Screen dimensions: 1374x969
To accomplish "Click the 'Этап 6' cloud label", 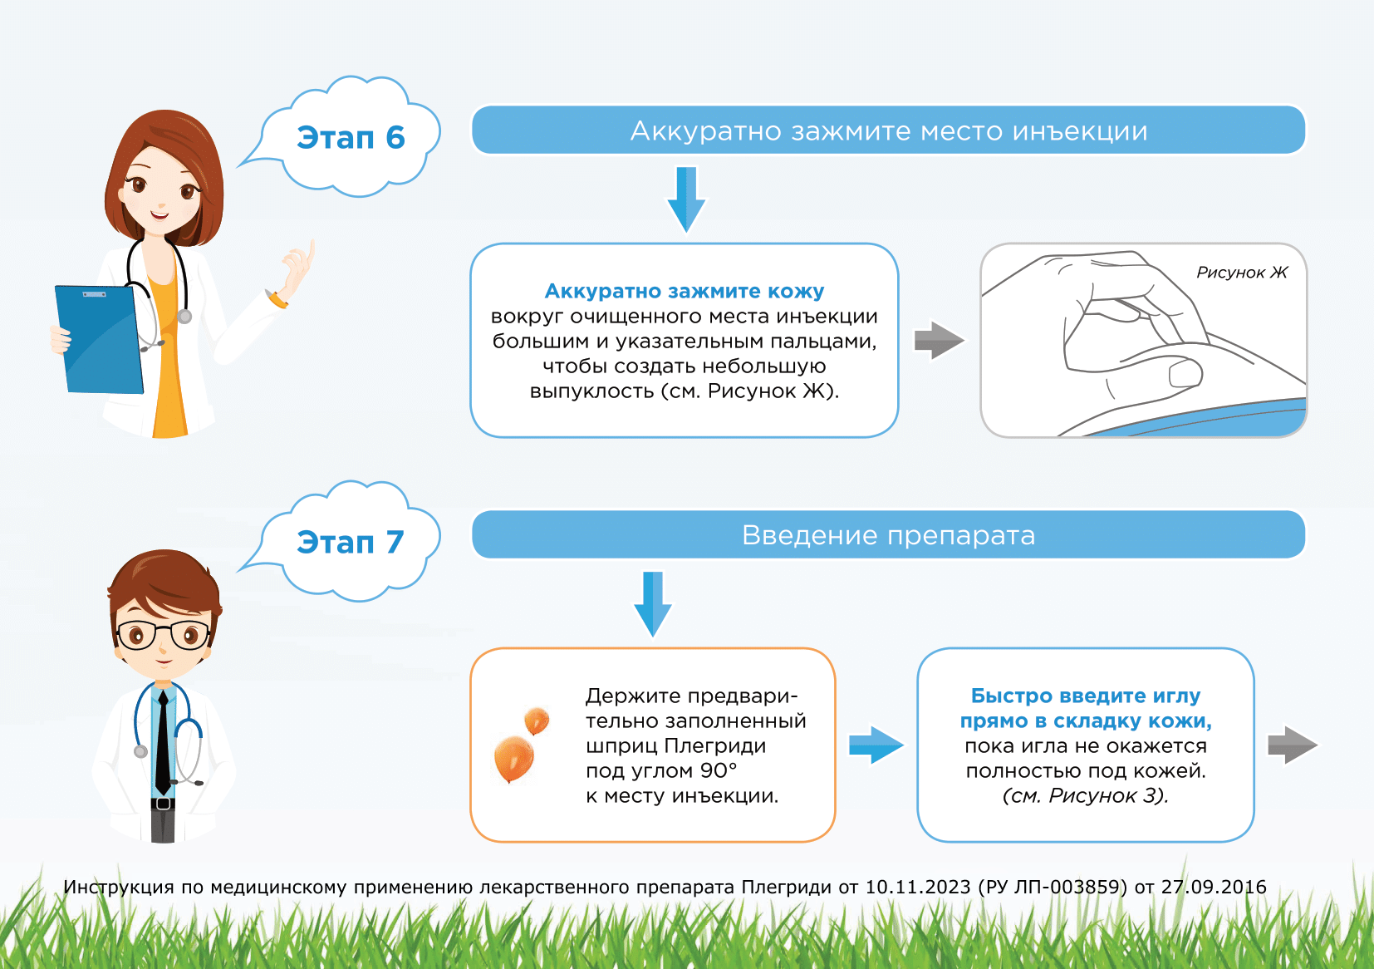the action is click(x=351, y=137).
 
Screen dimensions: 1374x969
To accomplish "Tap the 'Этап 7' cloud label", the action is click(x=351, y=542).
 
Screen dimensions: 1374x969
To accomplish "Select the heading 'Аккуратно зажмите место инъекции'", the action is click(x=889, y=130).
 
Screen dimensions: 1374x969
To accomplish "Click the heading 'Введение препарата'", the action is click(x=889, y=534).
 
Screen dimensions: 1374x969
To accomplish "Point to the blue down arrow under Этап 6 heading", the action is click(x=686, y=199).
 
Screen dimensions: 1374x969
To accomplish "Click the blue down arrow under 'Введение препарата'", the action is click(x=653, y=604).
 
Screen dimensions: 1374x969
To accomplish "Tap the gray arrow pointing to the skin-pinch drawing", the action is click(x=939, y=340).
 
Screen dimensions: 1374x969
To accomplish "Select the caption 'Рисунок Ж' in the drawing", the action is click(x=1242, y=273).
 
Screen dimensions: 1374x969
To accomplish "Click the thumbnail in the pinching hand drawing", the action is click(x=1185, y=374).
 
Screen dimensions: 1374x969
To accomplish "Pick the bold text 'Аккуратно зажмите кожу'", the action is click(x=685, y=291).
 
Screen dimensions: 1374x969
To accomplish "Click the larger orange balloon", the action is click(x=514, y=759).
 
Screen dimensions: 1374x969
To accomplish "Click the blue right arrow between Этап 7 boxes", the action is click(x=876, y=745).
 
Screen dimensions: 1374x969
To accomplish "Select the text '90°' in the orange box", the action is click(x=717, y=770).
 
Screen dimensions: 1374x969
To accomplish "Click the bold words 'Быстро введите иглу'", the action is click(x=1086, y=696).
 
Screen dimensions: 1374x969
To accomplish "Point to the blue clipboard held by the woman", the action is click(x=99, y=339).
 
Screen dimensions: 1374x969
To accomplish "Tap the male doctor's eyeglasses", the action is click(x=164, y=635).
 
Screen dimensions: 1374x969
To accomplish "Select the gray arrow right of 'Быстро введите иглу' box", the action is click(x=1293, y=745).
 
